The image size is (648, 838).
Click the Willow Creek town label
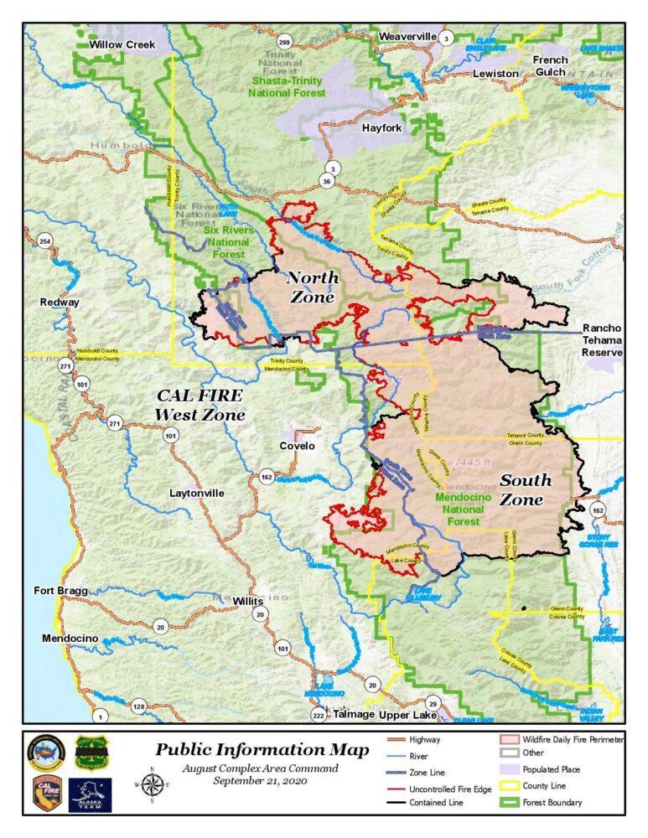(122, 44)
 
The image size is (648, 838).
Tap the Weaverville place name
(407, 37)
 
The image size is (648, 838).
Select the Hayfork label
(382, 128)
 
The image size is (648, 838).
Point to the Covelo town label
(297, 446)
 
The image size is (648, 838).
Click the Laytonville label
(196, 494)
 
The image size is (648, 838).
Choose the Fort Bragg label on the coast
(60, 591)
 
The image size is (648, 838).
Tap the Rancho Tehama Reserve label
(602, 340)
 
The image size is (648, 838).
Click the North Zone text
(313, 287)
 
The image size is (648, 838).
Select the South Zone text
(526, 489)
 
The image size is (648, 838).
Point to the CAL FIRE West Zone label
(199, 404)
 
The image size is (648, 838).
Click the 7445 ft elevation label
(472, 463)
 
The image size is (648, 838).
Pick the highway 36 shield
(327, 181)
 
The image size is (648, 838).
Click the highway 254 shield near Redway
(44, 242)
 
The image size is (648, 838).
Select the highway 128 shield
(139, 706)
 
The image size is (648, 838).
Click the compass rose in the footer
(153, 785)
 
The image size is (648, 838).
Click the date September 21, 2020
(261, 781)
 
